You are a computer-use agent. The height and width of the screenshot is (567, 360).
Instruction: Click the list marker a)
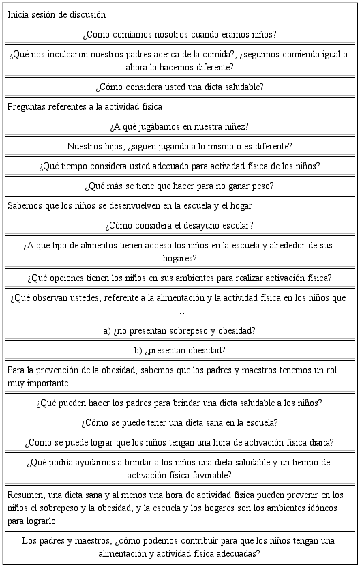click(x=107, y=330)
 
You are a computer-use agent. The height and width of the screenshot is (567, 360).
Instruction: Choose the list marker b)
click(x=139, y=350)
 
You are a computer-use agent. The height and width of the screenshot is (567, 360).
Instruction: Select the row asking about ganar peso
click(x=180, y=186)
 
